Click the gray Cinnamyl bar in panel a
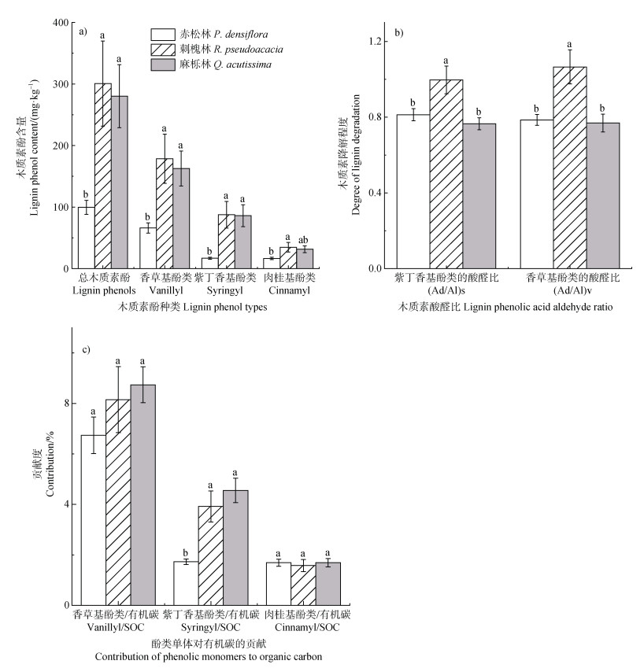304,259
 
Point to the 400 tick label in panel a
60,23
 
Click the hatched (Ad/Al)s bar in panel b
446,174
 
